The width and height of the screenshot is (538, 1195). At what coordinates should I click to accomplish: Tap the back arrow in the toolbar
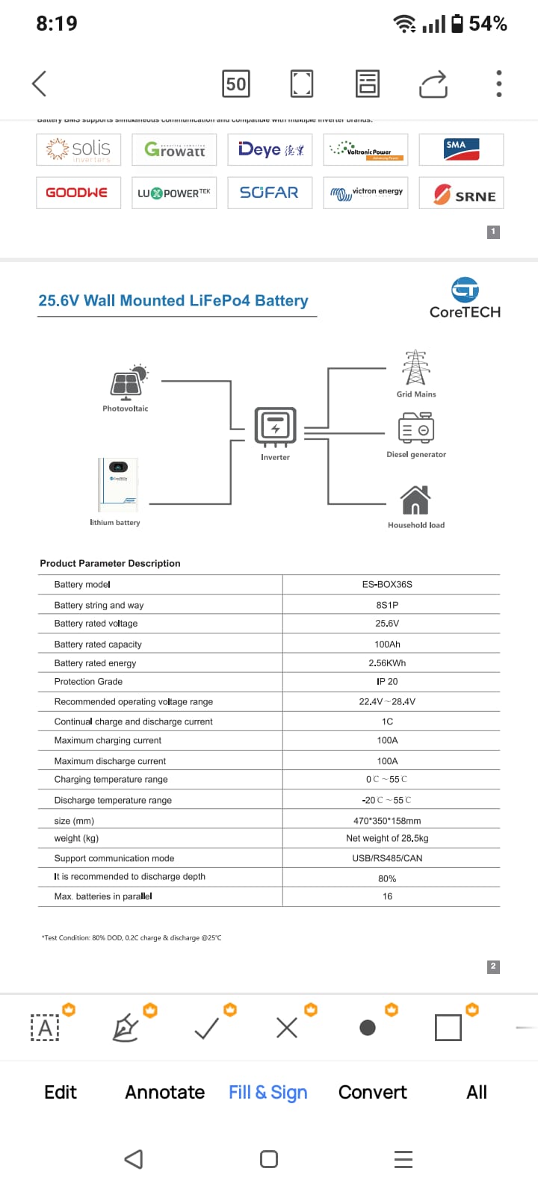pyautogui.click(x=40, y=84)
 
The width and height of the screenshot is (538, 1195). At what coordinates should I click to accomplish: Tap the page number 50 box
pyautogui.click(x=236, y=84)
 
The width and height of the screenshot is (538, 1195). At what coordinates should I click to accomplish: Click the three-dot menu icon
pyautogui.click(x=498, y=84)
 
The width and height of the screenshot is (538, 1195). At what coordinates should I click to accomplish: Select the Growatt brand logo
pyautogui.click(x=174, y=149)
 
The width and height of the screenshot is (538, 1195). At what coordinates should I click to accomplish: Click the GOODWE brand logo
pyautogui.click(x=78, y=193)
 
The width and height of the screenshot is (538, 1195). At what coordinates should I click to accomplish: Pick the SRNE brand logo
pyautogui.click(x=462, y=193)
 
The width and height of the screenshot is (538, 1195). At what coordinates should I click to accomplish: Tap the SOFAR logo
pyautogui.click(x=269, y=193)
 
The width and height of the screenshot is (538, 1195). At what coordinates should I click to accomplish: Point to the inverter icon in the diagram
pyautogui.click(x=275, y=426)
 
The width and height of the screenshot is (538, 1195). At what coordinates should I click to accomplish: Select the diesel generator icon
pyautogui.click(x=416, y=428)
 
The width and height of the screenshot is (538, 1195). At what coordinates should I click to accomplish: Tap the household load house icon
pyautogui.click(x=415, y=500)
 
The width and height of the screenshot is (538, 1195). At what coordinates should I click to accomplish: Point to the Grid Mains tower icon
pyautogui.click(x=415, y=367)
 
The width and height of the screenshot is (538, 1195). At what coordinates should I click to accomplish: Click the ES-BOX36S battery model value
pyautogui.click(x=387, y=584)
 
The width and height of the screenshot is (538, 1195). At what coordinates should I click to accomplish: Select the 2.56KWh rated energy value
pyautogui.click(x=387, y=663)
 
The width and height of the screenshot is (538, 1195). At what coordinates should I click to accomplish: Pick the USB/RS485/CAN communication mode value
pyautogui.click(x=387, y=858)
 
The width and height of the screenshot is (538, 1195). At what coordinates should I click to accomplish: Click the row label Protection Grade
pyautogui.click(x=88, y=682)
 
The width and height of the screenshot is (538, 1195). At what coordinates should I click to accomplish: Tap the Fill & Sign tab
pyautogui.click(x=268, y=1092)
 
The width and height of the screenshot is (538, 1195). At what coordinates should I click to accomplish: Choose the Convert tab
pyautogui.click(x=372, y=1092)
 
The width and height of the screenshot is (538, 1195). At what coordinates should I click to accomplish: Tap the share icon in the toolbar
pyautogui.click(x=433, y=84)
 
